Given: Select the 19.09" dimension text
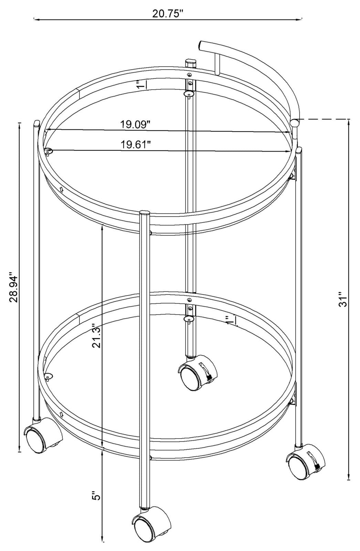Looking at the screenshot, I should (136, 124).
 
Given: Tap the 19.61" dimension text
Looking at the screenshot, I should (136, 144).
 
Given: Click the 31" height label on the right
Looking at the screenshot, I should (341, 299).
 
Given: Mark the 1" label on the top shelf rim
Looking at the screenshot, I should (139, 84).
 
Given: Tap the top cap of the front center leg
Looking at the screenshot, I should (145, 212).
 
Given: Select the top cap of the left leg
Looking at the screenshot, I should (37, 123).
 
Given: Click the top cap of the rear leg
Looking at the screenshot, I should (190, 61).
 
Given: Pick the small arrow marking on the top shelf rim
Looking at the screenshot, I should (62, 189).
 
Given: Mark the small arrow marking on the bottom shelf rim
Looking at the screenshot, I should (62, 413).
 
